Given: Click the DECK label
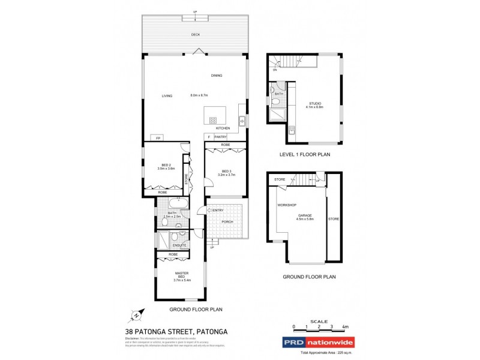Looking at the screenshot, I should (196, 35).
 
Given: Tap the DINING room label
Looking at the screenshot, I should (217, 76).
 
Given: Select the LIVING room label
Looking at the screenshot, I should (167, 96).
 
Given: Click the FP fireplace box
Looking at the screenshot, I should (158, 138).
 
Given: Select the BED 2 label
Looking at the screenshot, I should (167, 166).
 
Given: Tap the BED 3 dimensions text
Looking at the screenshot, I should (226, 175).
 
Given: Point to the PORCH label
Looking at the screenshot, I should (227, 221).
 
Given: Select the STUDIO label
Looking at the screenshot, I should (315, 103).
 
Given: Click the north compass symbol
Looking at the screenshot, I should (137, 315).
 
